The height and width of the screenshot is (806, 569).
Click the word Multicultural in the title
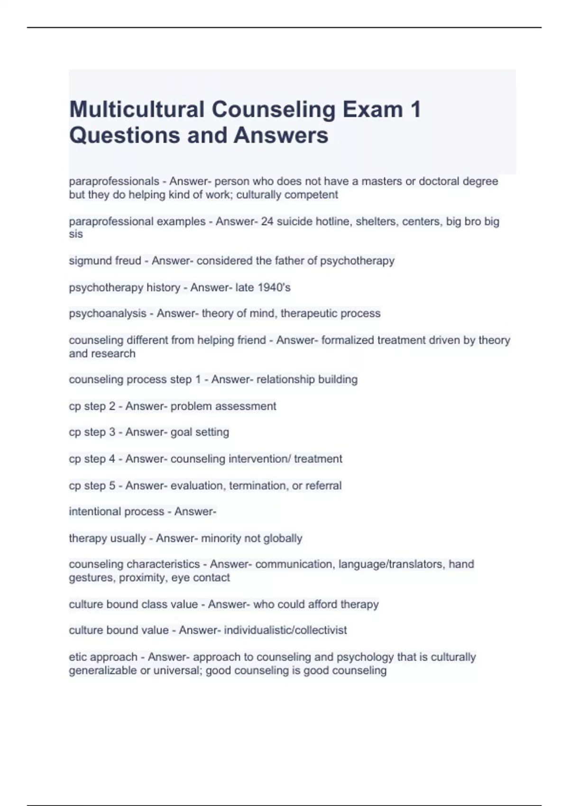coord(137,110)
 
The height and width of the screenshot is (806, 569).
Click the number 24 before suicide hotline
coord(267,221)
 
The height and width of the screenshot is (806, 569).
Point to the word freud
coord(128,261)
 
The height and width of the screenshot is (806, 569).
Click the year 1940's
coord(274,287)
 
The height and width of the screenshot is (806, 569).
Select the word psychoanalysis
coord(108,313)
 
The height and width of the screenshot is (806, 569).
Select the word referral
coord(323,485)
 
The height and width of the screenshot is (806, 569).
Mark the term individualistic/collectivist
coord(285,630)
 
